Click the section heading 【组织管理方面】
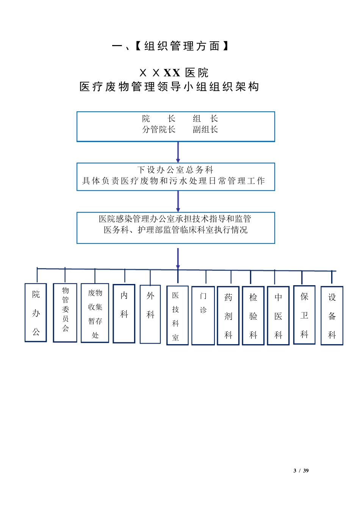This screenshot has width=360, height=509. point(182,46)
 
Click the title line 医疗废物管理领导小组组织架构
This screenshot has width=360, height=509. point(169,87)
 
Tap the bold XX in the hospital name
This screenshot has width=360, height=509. point(172,73)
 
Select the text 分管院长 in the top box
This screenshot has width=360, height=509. point(159,130)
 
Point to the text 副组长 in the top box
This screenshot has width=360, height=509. point(205,130)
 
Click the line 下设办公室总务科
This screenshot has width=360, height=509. point(175,170)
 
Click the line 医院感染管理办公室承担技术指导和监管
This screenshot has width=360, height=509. point(175,219)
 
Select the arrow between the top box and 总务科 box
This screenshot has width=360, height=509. point(178,152)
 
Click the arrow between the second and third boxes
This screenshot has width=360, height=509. point(178,201)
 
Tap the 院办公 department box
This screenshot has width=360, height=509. point(36,313)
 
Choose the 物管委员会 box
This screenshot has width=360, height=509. point(65,313)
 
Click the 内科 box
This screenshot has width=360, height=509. point(124,314)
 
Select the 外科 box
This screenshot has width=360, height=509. point(150,314)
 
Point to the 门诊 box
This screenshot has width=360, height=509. point(203,315)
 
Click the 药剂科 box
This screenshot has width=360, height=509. point(228,315)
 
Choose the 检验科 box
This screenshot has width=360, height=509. point(253,315)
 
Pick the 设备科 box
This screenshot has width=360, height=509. point(332,315)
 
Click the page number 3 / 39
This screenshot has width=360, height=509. point(301,470)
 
